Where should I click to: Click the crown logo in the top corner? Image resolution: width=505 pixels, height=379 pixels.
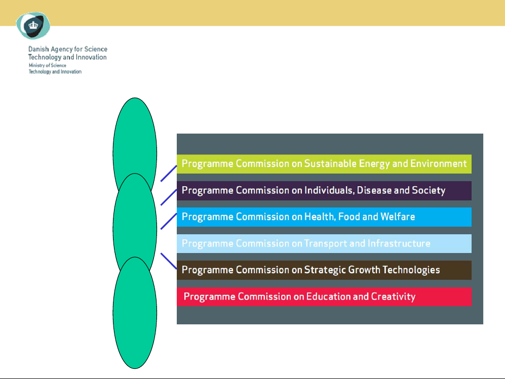coord(33,25)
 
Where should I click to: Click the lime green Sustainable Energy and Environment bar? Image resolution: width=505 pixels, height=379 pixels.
coord(324,164)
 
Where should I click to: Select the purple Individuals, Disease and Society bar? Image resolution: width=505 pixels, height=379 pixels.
coord(324,190)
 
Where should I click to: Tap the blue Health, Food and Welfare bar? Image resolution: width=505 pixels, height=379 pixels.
coord(324,217)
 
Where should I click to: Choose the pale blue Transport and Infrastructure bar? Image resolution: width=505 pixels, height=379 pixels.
coord(324,243)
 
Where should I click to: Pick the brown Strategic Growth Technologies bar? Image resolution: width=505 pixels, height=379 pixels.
coord(324,270)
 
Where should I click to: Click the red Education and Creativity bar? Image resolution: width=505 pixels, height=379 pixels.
coord(324,297)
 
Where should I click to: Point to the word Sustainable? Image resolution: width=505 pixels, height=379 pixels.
coord(330,163)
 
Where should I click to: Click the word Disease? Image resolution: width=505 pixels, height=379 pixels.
coord(374,190)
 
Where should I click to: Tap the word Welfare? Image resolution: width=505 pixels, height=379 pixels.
coord(398,217)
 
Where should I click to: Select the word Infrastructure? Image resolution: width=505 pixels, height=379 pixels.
coord(399,243)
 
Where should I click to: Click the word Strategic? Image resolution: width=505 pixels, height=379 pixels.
coord(325,270)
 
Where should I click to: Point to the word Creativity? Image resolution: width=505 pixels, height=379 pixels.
coord(393,297)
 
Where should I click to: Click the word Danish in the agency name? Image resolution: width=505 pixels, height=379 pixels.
coord(38,49)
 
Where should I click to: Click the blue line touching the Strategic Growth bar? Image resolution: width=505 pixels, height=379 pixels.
coord(169,261)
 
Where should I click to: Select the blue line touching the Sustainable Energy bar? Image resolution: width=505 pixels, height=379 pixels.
coord(169,174)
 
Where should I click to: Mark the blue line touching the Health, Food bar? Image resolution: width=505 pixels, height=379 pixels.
coord(169,221)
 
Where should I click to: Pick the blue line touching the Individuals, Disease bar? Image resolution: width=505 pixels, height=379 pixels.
coord(169,197)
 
